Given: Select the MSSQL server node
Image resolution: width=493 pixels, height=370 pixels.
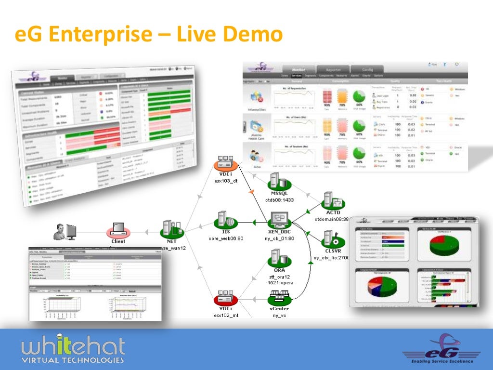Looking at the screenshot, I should coord(276,183).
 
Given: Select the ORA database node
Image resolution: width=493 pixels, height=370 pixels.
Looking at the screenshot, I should coord(276,260).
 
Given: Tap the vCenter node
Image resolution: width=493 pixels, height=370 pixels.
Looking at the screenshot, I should coord(279,298).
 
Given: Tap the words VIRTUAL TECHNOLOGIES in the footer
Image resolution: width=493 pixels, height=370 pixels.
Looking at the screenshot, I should coord(73,359).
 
